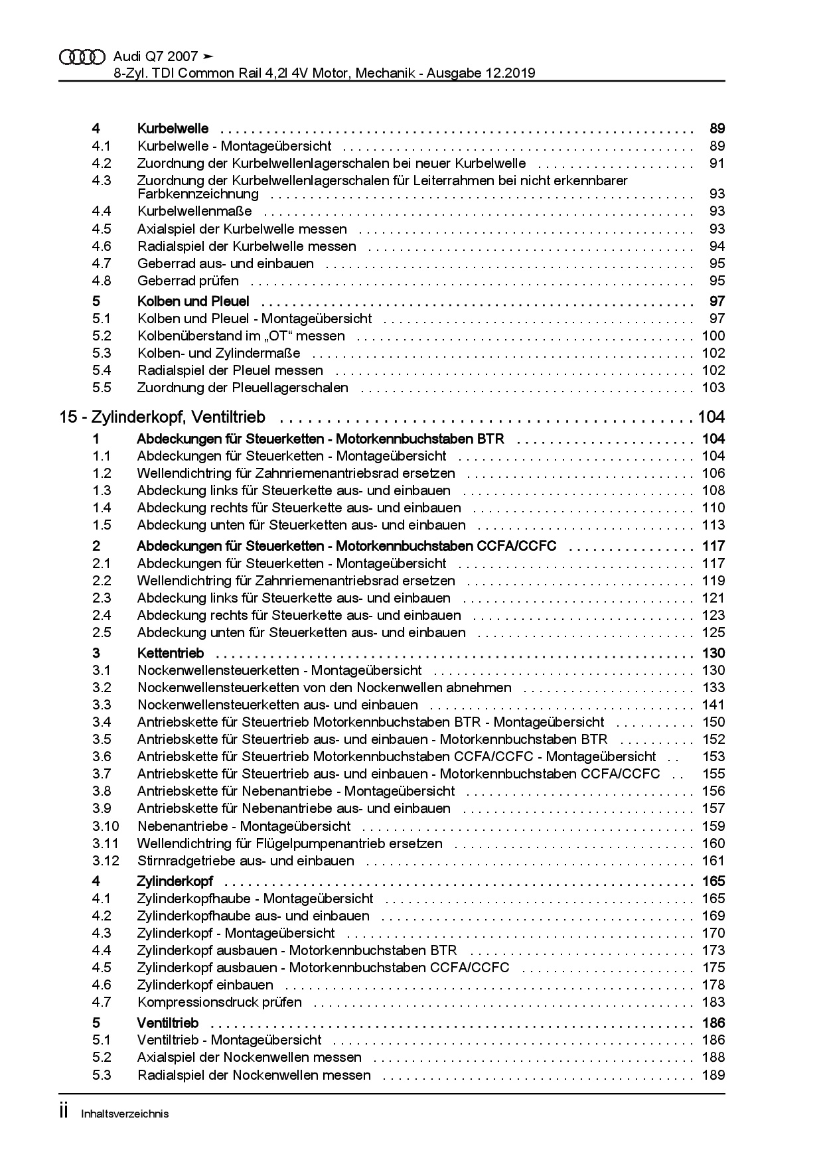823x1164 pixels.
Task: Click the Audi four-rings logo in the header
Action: tap(82, 58)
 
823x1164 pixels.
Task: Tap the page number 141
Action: tap(713, 705)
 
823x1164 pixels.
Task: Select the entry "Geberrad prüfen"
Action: tap(188, 281)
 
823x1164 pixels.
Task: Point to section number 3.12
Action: tap(106, 861)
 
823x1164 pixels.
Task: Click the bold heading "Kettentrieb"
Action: tap(170, 653)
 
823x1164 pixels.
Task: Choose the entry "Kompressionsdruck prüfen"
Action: tap(219, 1002)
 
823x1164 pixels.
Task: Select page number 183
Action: tap(713, 1002)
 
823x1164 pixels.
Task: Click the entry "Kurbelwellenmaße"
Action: tap(194, 211)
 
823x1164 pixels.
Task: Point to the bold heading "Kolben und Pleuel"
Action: tap(192, 301)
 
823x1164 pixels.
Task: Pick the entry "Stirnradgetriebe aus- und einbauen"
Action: tap(246, 861)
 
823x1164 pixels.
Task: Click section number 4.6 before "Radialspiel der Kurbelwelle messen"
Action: tap(102, 246)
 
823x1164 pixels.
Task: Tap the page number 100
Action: tap(713, 336)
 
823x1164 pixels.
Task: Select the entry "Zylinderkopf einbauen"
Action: tap(205, 985)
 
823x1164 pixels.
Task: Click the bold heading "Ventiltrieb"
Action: tap(167, 1023)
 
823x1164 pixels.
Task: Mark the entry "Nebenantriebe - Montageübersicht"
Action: tap(244, 826)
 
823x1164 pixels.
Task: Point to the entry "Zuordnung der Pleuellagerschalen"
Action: tap(242, 388)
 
